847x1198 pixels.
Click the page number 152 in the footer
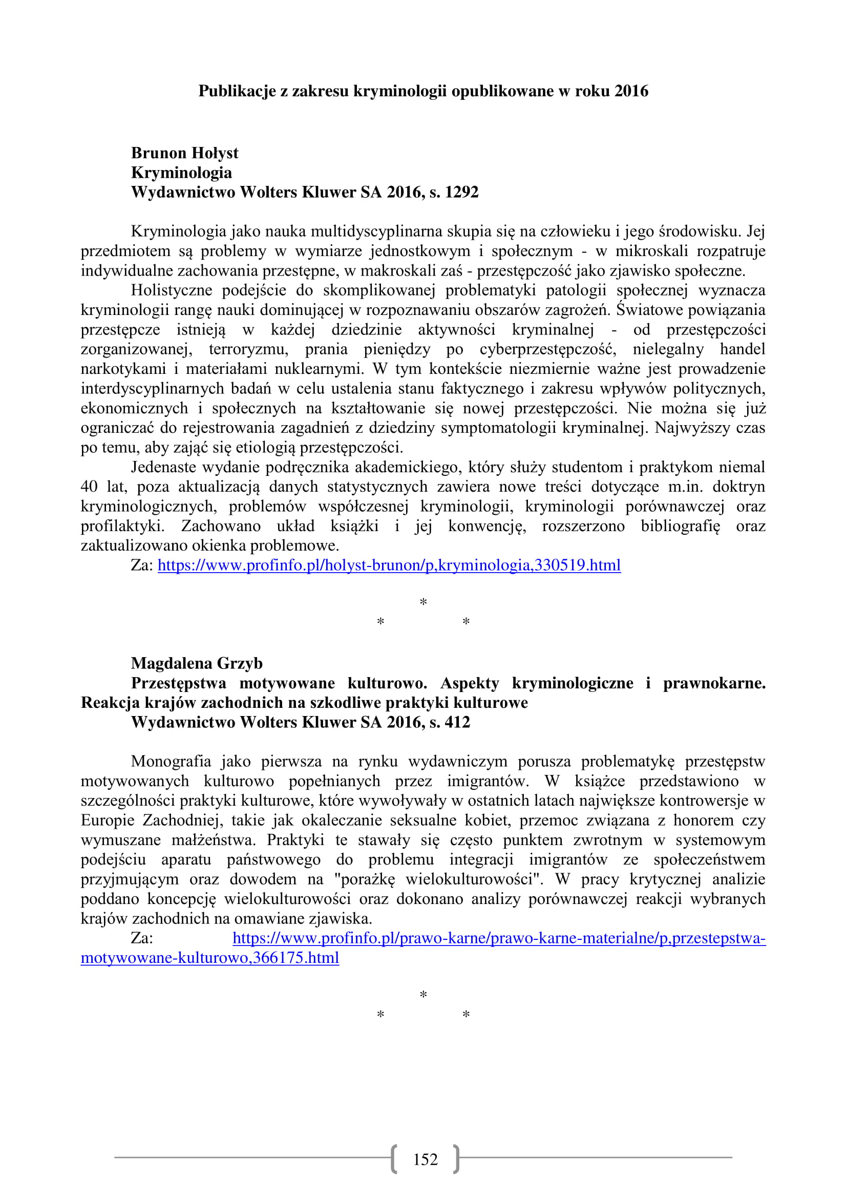(425, 1159)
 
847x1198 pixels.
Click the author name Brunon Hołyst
(185, 153)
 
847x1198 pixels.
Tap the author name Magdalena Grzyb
(197, 663)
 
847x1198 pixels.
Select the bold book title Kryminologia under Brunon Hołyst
(181, 173)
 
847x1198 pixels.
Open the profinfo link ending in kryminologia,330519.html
(389, 565)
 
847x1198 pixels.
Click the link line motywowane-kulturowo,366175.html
(209, 957)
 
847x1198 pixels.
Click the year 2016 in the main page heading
(631, 91)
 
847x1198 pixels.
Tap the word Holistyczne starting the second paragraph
(171, 290)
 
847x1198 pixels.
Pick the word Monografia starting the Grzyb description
(171, 761)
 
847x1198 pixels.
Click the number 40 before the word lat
(89, 487)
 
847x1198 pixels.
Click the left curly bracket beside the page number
(394, 1159)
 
